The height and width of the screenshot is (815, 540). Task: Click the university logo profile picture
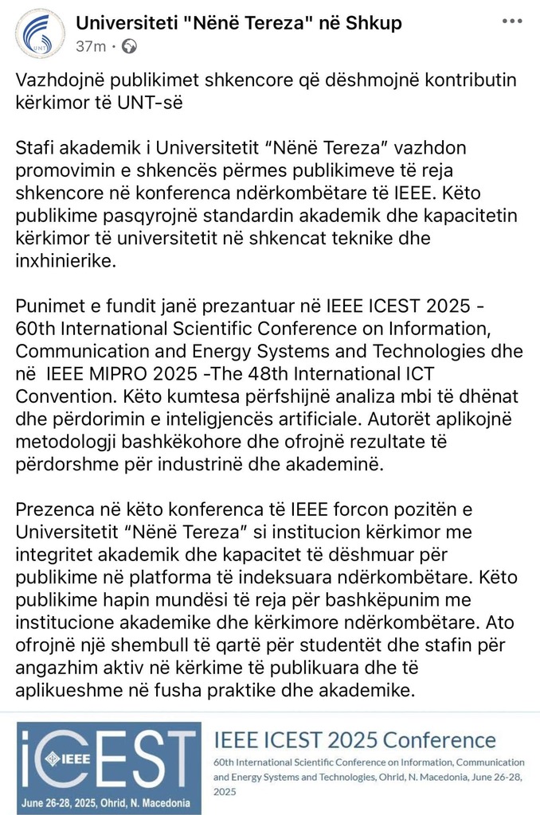(40, 33)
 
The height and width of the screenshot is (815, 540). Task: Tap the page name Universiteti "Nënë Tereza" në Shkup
(238, 23)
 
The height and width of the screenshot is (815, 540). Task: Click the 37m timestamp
(91, 47)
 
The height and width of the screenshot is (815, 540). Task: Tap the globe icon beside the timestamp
(128, 47)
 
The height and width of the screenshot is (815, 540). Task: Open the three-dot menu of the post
(511, 21)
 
